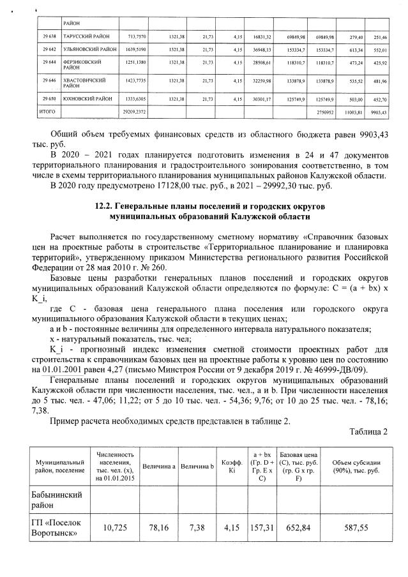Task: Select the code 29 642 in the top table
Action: click(43, 49)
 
